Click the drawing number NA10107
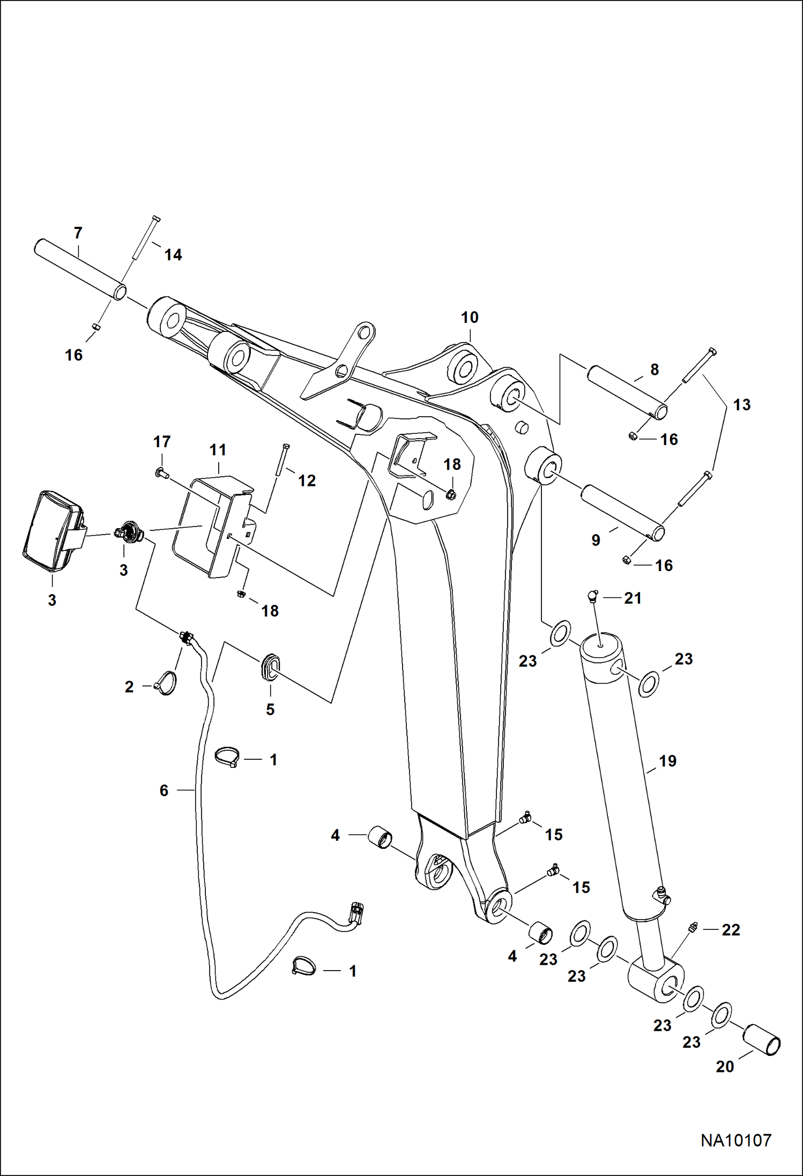click(735, 1141)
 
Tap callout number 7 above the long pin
click(78, 233)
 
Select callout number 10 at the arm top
click(470, 317)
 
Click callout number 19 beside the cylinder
click(667, 761)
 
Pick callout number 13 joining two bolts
click(742, 405)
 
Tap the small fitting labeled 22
click(693, 927)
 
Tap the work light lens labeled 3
click(52, 530)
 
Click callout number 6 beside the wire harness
click(164, 790)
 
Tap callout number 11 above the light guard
click(218, 450)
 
